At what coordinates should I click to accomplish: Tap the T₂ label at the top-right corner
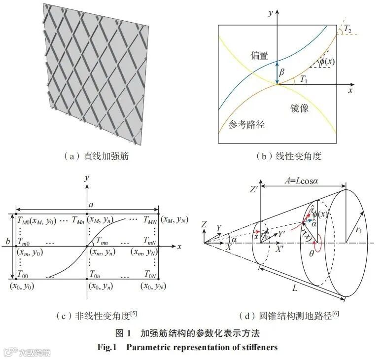[348, 29]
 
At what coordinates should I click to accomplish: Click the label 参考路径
[247, 124]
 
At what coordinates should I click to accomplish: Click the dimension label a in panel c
[90, 204]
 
